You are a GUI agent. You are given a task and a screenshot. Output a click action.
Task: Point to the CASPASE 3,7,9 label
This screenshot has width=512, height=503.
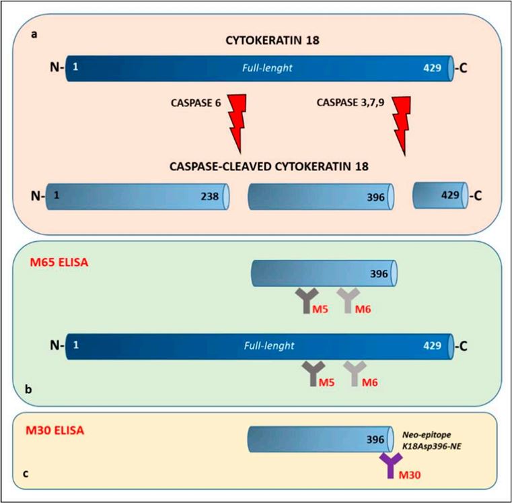pyautogui.click(x=348, y=102)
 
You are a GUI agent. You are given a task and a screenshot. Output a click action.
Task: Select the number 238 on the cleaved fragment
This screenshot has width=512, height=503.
pyautogui.click(x=211, y=197)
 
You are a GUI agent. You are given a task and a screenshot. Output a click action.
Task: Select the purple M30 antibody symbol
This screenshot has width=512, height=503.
pyautogui.click(x=390, y=465)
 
